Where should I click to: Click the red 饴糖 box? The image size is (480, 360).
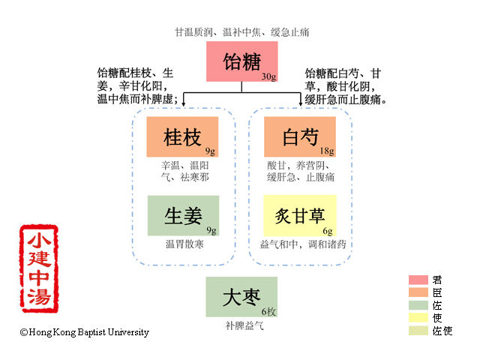click(x=241, y=61)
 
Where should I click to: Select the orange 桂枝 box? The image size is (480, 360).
click(x=183, y=136)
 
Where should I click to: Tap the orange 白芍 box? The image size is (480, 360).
click(x=300, y=136)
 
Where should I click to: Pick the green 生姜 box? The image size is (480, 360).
click(x=183, y=215)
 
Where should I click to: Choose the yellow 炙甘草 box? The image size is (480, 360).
click(x=300, y=215)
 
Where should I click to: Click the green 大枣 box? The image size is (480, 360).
click(x=241, y=297)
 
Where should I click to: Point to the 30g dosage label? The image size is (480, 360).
click(x=268, y=76)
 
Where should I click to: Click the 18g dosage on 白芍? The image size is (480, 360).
click(x=327, y=151)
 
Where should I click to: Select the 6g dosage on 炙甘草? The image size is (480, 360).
click(x=328, y=230)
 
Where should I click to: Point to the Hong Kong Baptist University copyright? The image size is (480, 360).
click(x=85, y=332)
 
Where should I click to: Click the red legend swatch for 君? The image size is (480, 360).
click(x=417, y=280)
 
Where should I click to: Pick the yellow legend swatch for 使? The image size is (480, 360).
click(x=417, y=318)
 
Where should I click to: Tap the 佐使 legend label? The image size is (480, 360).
click(x=442, y=331)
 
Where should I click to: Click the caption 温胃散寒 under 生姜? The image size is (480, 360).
click(x=184, y=244)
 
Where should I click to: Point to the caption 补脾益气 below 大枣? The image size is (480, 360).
click(x=241, y=326)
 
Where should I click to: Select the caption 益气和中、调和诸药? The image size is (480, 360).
click(x=303, y=244)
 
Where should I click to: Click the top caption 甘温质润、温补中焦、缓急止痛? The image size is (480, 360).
click(x=241, y=32)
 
